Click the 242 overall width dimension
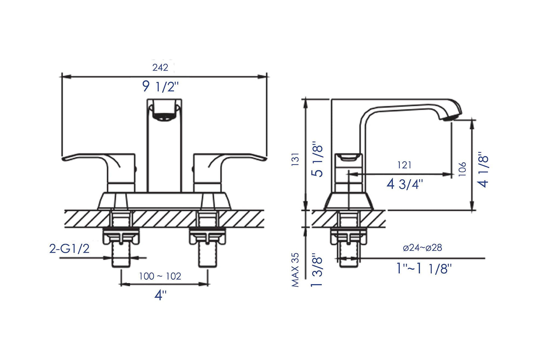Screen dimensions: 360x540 (160, 68)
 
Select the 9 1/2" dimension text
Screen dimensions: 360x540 (160, 87)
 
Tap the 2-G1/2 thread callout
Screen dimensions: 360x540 (69, 249)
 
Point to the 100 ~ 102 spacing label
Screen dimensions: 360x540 (160, 276)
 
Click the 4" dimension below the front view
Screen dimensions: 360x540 (160, 295)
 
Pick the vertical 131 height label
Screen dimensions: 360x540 (295, 159)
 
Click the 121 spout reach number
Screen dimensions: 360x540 (404, 165)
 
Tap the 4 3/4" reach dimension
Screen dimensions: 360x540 (405, 184)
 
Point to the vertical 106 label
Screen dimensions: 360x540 (462, 169)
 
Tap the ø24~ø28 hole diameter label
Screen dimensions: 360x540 (422, 248)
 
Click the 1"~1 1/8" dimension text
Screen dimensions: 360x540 (424, 268)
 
